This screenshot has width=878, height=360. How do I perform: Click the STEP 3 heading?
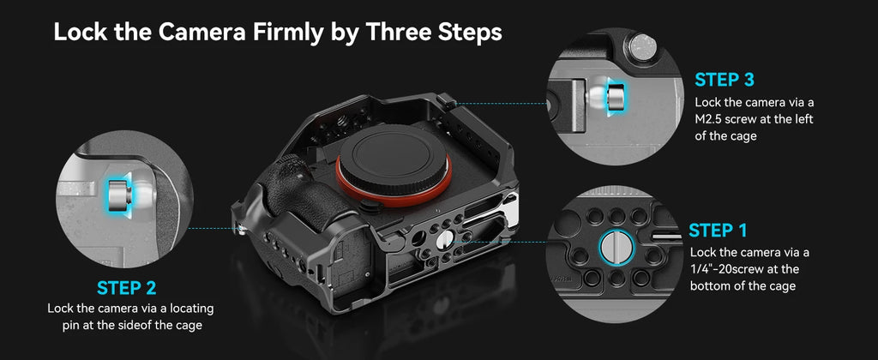(725, 81)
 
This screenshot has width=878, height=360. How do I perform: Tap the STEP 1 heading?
(718, 231)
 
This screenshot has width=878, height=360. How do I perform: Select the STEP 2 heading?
(127, 287)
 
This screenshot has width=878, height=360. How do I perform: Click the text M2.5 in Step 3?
(713, 120)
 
